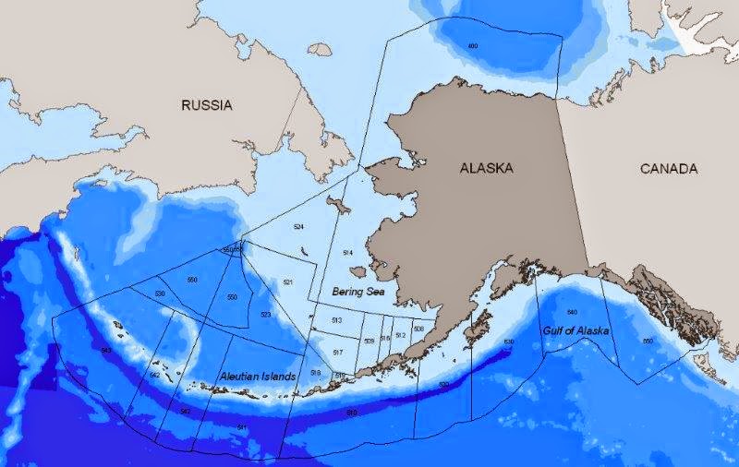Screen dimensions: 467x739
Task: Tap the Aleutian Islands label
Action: point(258,377)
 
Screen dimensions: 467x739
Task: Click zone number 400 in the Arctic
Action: point(473,46)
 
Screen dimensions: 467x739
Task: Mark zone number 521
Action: point(288,281)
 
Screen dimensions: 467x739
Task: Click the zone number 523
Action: point(265,315)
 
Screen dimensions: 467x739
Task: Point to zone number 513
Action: point(337,319)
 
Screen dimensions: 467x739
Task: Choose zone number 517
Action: point(338,353)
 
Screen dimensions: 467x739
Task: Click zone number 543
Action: point(106,351)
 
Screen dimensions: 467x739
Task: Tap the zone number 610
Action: point(351,412)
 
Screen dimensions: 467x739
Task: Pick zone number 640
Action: point(572,312)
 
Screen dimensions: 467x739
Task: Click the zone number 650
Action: point(647,341)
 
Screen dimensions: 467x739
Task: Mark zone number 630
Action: point(508,342)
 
